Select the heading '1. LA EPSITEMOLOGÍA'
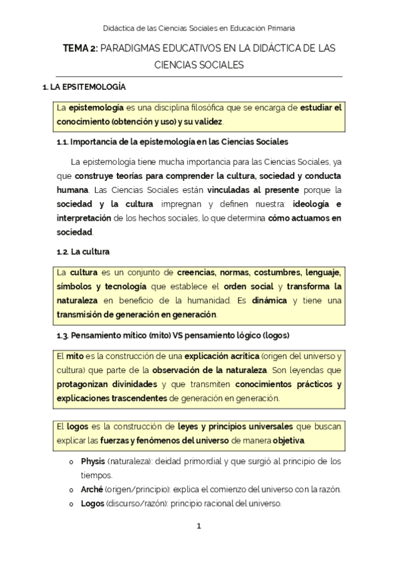pyautogui.click(x=84, y=87)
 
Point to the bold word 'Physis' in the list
pyautogui.click(x=92, y=461)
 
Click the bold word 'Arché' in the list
pyautogui.click(x=92, y=490)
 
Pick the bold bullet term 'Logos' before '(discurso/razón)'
pyautogui.click(x=92, y=503)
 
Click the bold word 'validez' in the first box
pyautogui.click(x=207, y=122)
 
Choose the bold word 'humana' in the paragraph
pyautogui.click(x=72, y=190)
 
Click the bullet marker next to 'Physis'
pyautogui.click(x=70, y=462)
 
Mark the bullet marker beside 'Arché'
pyautogui.click(x=70, y=490)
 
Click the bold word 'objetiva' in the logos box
pyautogui.click(x=288, y=441)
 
